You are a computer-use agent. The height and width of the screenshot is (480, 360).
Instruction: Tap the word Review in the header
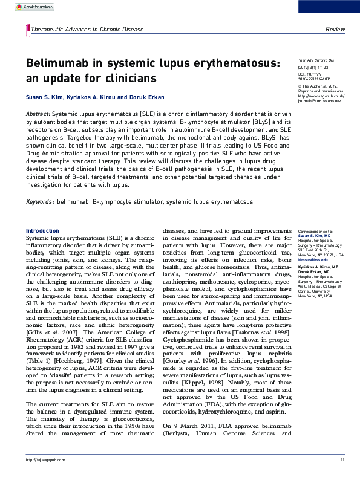pyautogui.click(x=335, y=30)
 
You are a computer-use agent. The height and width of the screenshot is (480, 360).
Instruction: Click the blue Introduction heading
pyautogui.click(x=42, y=231)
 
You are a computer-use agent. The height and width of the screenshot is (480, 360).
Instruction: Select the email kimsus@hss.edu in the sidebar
pyautogui.click(x=312, y=259)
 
